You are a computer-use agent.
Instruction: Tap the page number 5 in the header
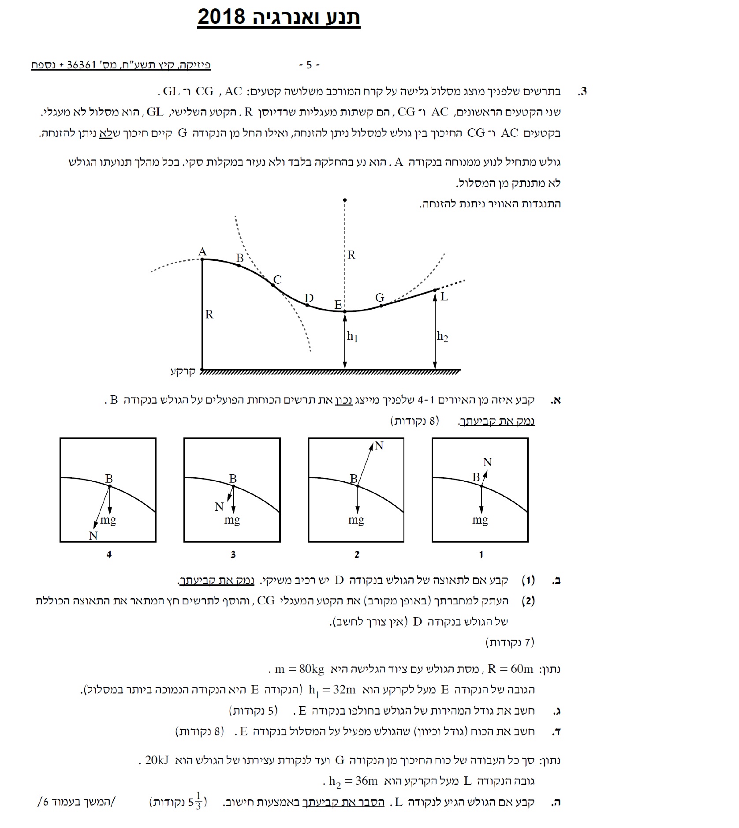(x=309, y=65)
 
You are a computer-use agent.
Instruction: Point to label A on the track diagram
(x=202, y=252)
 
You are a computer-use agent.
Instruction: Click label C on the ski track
(x=277, y=280)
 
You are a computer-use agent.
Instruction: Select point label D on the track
(x=309, y=298)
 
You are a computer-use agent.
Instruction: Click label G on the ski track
(x=380, y=298)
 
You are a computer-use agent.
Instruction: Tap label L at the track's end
(x=444, y=297)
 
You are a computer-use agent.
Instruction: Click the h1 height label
(x=352, y=337)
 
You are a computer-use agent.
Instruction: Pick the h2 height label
(x=442, y=337)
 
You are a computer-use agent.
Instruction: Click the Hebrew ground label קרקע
(x=183, y=371)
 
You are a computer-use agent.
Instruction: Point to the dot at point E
(x=345, y=311)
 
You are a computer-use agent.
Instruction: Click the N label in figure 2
(x=379, y=446)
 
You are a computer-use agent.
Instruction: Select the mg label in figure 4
(x=108, y=520)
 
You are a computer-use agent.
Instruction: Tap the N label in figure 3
(x=219, y=507)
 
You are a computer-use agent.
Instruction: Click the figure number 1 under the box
(x=481, y=554)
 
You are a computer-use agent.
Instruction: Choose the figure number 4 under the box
(x=109, y=554)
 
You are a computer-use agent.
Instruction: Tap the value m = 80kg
(x=299, y=669)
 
